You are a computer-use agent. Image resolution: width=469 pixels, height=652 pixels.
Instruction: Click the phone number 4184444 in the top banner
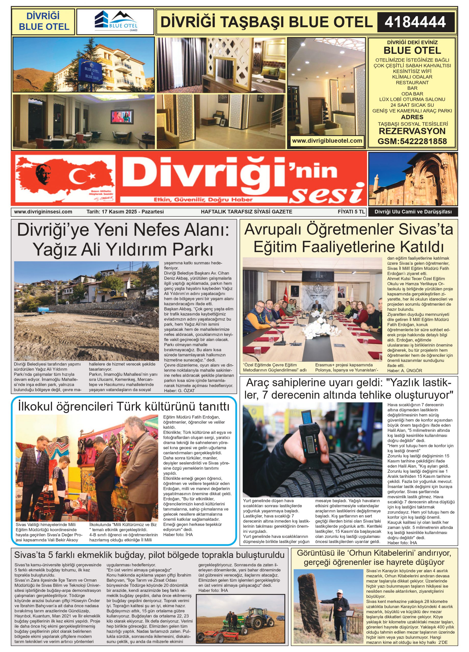(x=415, y=22)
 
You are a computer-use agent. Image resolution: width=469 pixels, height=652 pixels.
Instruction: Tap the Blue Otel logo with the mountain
(x=116, y=21)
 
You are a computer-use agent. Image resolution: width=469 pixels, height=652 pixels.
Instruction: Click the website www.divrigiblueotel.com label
(x=327, y=141)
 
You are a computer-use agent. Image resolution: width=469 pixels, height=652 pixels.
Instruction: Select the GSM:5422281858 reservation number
(x=412, y=141)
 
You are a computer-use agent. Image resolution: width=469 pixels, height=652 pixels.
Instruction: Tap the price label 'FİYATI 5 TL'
(x=351, y=212)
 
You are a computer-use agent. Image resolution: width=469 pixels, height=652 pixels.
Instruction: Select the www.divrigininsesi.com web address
(x=43, y=212)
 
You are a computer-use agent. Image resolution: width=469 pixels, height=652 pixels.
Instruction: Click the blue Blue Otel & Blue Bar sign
(x=91, y=72)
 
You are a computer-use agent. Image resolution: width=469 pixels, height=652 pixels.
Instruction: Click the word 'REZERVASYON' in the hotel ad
(x=412, y=131)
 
